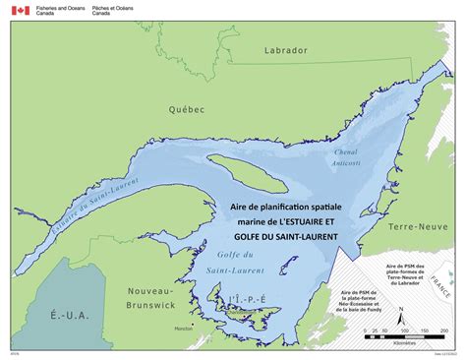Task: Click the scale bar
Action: (x=404, y=336)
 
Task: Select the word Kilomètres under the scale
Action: (x=403, y=344)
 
